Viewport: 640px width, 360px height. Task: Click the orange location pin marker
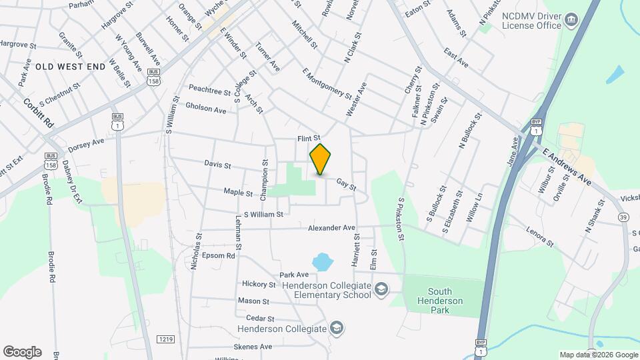click(320, 159)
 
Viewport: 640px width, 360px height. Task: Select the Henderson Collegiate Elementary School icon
click(381, 289)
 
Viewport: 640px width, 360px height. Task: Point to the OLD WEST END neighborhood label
click(71, 66)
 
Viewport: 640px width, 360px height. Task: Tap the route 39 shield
click(623, 217)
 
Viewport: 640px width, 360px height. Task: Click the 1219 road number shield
click(166, 339)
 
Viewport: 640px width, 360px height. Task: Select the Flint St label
click(309, 139)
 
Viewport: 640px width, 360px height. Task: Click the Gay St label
click(347, 182)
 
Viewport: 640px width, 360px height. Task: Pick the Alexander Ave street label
click(331, 227)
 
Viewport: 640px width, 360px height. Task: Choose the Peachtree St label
click(209, 89)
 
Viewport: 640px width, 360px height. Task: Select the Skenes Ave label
click(253, 347)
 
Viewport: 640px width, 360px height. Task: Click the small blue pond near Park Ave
click(322, 261)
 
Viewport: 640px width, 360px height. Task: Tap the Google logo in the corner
click(22, 352)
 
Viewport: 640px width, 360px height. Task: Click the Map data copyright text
click(598, 355)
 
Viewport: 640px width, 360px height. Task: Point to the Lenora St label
click(540, 238)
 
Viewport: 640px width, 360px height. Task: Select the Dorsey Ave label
click(87, 143)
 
